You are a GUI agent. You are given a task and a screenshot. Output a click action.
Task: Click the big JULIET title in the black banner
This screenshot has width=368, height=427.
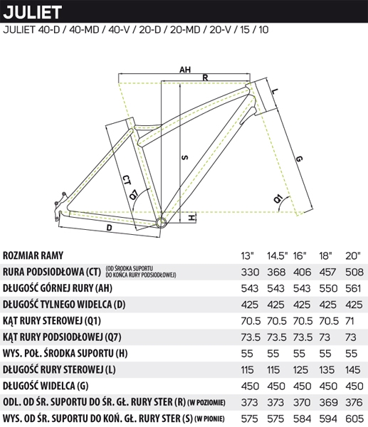point(33,12)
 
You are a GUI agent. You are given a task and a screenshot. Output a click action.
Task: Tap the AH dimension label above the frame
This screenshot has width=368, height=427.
point(185,70)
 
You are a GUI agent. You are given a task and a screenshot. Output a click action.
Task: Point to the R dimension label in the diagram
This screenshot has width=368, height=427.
point(205,78)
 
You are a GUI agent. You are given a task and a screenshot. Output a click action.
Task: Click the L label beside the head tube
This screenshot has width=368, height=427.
point(274,91)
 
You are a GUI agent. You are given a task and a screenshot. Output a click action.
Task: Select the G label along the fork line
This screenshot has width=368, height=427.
point(299,159)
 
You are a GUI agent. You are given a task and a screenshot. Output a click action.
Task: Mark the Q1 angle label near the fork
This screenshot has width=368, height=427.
point(278,199)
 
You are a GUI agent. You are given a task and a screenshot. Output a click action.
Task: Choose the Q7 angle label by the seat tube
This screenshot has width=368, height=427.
point(134,195)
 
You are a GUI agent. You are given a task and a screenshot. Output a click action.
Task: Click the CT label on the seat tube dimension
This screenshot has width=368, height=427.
point(125,180)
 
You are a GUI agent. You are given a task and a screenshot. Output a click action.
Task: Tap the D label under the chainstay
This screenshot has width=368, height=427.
point(109,228)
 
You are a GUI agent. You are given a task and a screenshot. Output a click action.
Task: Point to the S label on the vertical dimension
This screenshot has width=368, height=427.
point(185,157)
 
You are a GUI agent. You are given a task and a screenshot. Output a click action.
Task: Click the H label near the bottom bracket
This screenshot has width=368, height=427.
point(192,218)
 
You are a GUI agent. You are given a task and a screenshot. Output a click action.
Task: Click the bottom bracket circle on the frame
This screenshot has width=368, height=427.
point(160,221)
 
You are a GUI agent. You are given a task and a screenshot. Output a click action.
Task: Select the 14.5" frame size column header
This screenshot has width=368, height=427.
point(278,255)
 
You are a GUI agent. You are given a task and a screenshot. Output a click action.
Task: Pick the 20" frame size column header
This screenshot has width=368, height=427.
point(353,255)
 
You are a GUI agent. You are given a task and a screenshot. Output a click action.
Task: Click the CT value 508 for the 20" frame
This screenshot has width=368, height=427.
point(354,272)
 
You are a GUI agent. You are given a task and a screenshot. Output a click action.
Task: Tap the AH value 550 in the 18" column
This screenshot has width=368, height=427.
point(328,288)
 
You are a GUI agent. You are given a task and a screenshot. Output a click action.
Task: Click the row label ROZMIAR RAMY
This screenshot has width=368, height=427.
point(33,255)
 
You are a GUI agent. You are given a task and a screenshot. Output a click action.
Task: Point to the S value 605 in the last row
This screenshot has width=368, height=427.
point(354,418)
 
